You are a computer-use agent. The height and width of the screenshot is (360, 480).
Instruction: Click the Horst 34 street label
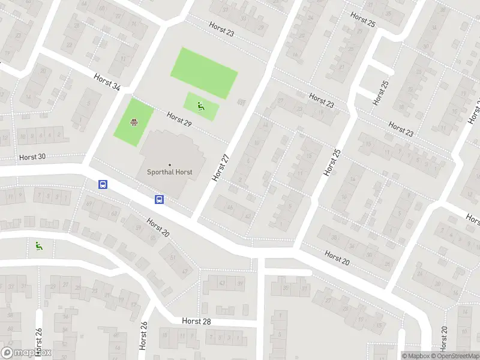click(107, 82)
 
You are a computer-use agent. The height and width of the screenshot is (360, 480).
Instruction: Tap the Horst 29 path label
click(179, 119)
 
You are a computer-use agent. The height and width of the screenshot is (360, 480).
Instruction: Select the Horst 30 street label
click(32, 157)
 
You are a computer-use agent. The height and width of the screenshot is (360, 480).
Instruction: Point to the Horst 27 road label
click(221, 167)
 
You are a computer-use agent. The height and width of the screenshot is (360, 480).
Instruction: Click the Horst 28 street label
click(197, 322)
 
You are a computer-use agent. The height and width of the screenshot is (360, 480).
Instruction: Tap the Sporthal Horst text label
click(170, 172)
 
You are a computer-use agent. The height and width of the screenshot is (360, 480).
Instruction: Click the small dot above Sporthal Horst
click(170, 164)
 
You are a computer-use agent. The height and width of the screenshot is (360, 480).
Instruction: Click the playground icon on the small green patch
click(201, 106)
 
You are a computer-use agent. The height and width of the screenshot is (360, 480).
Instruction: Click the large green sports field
click(204, 73)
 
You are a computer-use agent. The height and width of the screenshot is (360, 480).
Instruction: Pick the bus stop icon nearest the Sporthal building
click(160, 199)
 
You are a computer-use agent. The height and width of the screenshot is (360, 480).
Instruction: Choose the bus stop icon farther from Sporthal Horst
click(103, 185)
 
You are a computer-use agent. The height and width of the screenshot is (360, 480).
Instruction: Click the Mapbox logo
click(26, 353)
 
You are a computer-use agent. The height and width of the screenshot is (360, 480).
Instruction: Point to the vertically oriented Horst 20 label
click(444, 339)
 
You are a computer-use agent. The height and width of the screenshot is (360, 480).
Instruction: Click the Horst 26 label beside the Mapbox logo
click(39, 342)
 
